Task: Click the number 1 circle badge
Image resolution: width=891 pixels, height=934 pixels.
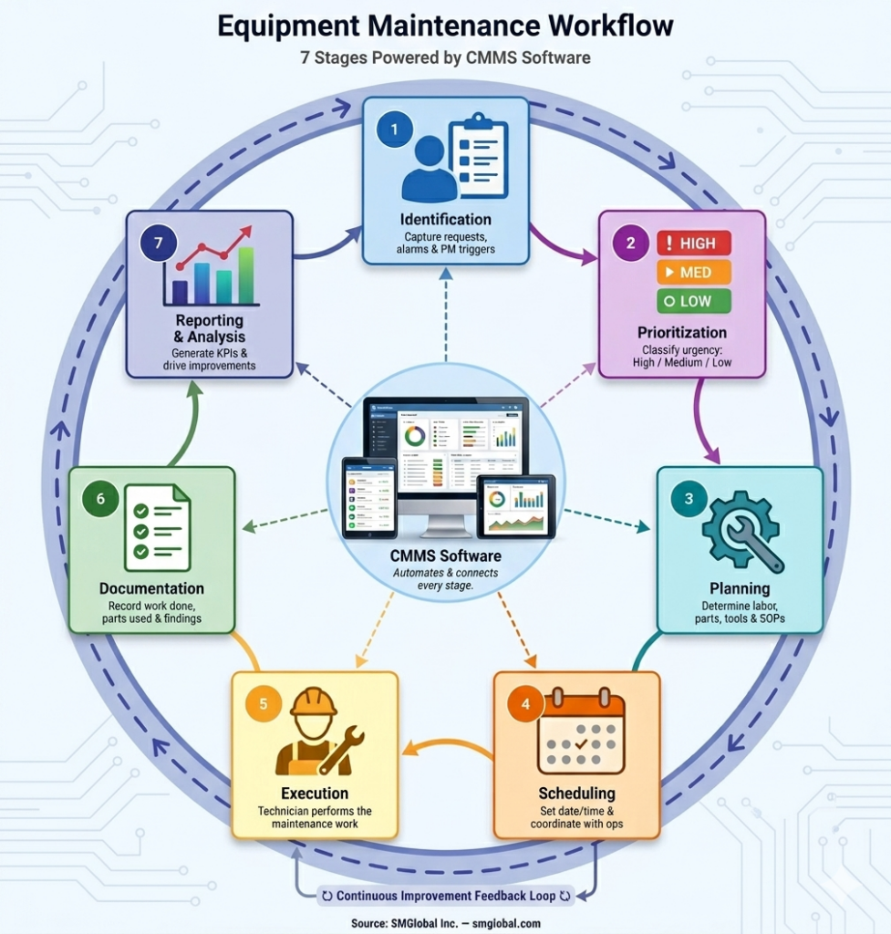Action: tap(394, 130)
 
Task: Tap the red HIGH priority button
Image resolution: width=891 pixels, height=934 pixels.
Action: tap(694, 244)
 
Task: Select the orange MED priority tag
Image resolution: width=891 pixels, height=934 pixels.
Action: tap(694, 272)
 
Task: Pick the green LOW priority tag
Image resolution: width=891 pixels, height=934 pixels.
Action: tap(694, 301)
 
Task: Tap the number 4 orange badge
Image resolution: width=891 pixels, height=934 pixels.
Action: tap(524, 705)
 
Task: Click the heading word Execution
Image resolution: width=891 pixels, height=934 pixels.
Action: tap(314, 794)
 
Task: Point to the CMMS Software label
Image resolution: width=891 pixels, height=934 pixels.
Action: tap(446, 556)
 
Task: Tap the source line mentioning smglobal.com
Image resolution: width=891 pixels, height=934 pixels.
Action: tap(446, 923)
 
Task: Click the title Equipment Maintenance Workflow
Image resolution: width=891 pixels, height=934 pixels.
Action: tap(446, 26)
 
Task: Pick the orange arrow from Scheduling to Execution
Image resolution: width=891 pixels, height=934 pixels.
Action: tap(446, 744)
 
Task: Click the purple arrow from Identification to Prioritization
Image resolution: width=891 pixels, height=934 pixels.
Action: tap(561, 244)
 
